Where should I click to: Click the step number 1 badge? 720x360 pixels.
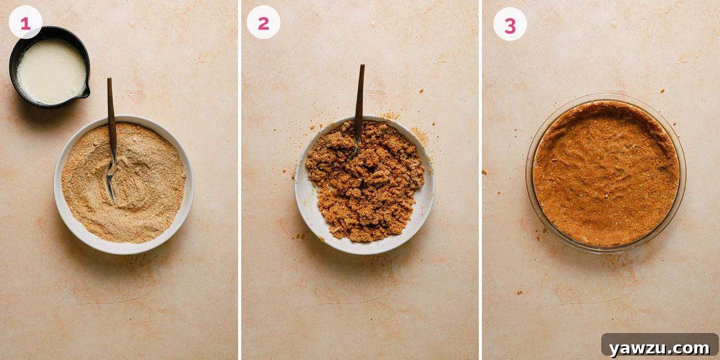[x=25, y=23]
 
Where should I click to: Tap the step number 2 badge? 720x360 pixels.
[x=263, y=23]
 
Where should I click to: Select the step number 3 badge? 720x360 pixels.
[x=510, y=24]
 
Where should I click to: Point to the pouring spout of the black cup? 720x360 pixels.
[x=85, y=92]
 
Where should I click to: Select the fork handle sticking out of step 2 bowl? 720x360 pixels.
[x=360, y=90]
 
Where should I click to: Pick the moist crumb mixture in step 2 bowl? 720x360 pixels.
[x=366, y=186]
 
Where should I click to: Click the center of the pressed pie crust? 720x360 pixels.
[x=606, y=174]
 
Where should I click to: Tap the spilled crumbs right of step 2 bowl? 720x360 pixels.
[x=422, y=136]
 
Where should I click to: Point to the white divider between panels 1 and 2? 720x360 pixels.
[x=239, y=180]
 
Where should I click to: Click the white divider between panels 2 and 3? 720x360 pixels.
[x=480, y=180]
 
